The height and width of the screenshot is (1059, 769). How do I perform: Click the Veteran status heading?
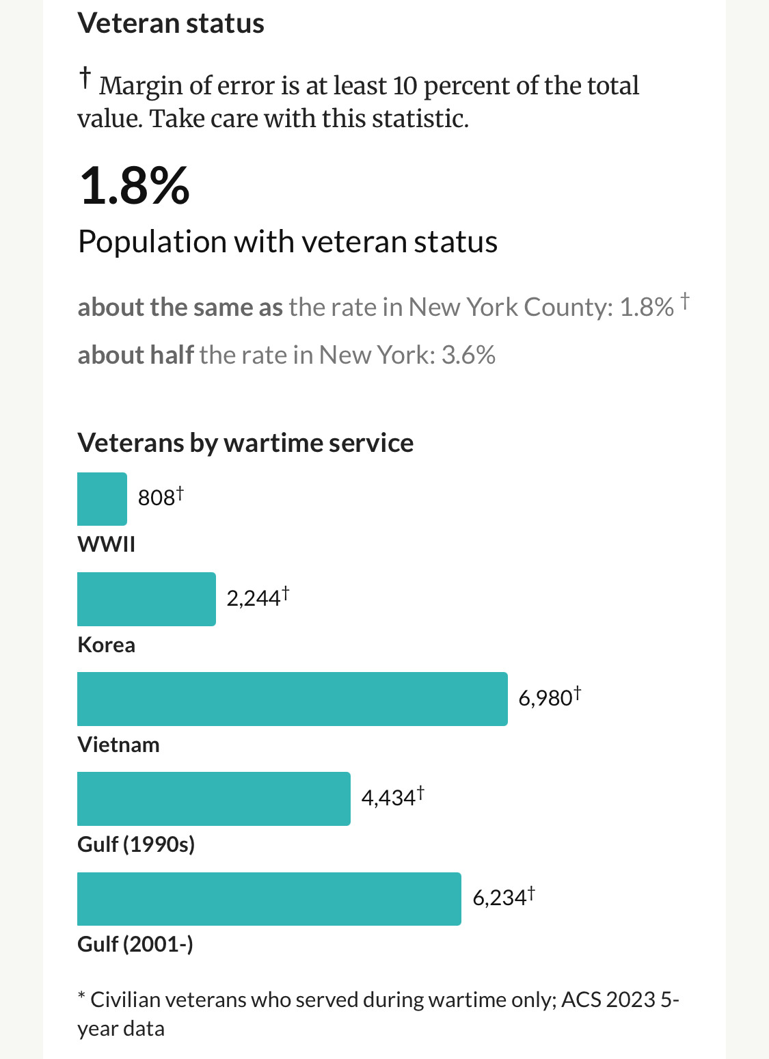pyautogui.click(x=171, y=23)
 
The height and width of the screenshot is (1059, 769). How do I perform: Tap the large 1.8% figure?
pyautogui.click(x=135, y=186)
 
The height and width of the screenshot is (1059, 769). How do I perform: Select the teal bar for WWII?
pyautogui.click(x=102, y=499)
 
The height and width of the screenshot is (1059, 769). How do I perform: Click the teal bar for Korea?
pyautogui.click(x=146, y=599)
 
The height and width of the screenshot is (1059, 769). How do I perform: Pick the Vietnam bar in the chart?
pyautogui.click(x=292, y=699)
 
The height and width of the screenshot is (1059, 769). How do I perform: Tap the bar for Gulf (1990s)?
pyautogui.click(x=213, y=799)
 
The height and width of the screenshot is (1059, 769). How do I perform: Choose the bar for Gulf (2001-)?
pyautogui.click(x=269, y=898)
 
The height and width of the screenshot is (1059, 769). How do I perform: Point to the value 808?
pyautogui.click(x=157, y=498)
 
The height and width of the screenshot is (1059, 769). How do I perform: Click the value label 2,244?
pyautogui.click(x=254, y=598)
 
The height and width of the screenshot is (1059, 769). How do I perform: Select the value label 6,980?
pyautogui.click(x=545, y=698)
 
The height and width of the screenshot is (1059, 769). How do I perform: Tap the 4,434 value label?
pyautogui.click(x=388, y=798)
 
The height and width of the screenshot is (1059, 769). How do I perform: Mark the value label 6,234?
pyautogui.click(x=500, y=898)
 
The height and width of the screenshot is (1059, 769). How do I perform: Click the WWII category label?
pyautogui.click(x=107, y=544)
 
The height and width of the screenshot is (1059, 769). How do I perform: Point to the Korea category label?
pyautogui.click(x=107, y=645)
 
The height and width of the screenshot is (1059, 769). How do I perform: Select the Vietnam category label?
pyautogui.click(x=118, y=745)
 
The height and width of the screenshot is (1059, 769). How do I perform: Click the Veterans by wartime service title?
pyautogui.click(x=245, y=443)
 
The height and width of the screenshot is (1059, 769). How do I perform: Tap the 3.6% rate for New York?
pyautogui.click(x=468, y=355)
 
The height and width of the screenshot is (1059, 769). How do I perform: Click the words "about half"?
pyautogui.click(x=135, y=355)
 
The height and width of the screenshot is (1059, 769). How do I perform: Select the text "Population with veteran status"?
pyautogui.click(x=288, y=241)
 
